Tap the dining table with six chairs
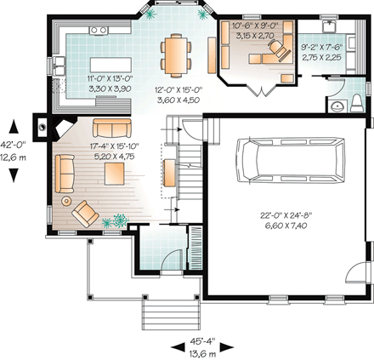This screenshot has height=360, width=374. [176, 54]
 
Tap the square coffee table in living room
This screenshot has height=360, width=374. [113, 173]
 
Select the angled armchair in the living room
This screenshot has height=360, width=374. [85, 213]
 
